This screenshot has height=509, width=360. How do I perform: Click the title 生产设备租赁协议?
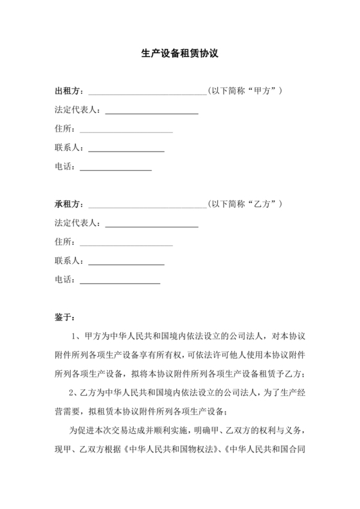click(x=180, y=55)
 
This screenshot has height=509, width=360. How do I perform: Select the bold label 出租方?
click(x=67, y=92)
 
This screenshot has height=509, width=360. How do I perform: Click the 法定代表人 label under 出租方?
click(x=76, y=111)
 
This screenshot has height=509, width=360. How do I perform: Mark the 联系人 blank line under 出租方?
click(x=126, y=150)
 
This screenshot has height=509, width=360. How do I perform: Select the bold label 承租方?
click(x=67, y=204)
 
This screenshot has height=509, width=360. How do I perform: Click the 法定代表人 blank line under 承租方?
click(x=151, y=225)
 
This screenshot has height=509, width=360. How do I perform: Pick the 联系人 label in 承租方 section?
click(x=68, y=261)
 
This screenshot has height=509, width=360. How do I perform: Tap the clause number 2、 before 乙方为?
click(x=75, y=393)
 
